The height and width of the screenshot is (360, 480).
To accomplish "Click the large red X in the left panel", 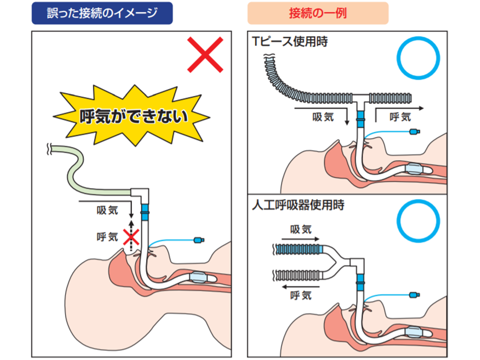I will pos(205,54).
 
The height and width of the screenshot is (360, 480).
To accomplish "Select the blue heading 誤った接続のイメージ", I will pos(102,13).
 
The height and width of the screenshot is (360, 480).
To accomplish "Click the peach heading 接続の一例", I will pos(318,13).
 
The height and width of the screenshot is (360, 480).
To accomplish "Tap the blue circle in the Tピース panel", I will pos(418,58).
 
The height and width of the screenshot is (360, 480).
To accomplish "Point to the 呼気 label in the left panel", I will pos(106,236).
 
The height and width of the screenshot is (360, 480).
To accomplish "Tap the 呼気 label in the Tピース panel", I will pos(400,116).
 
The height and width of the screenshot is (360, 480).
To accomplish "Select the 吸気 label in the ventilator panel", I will pos(301,229).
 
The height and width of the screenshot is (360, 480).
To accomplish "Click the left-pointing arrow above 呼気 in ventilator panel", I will pos(300,286).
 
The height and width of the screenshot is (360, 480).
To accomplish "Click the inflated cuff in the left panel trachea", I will pos(199,276).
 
